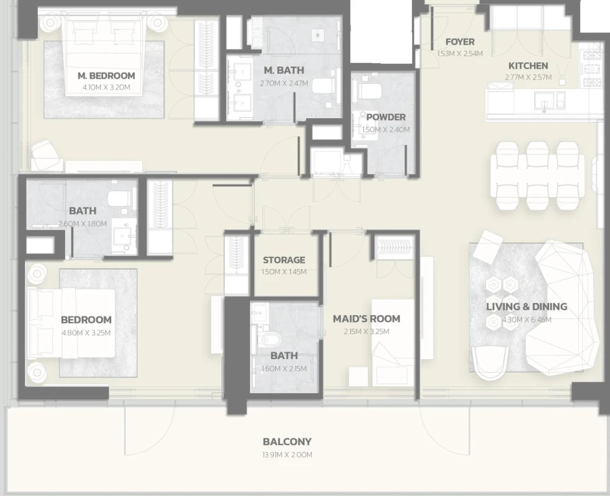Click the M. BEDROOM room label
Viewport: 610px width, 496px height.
(x=106, y=76)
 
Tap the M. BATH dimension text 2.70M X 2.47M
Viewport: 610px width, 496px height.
(x=283, y=83)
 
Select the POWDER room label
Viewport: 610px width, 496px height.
(x=386, y=117)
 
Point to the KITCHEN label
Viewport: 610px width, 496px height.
(x=528, y=66)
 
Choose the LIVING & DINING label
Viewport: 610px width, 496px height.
(x=527, y=306)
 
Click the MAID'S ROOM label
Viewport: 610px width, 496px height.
(x=366, y=318)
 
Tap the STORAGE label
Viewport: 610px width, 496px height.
(x=283, y=260)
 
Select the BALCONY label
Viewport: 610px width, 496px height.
(x=287, y=442)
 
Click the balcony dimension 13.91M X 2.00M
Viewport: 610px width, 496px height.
(x=287, y=455)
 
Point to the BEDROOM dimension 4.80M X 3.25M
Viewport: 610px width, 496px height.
(x=86, y=333)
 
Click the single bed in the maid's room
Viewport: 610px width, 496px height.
(x=392, y=342)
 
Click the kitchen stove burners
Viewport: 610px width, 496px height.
(x=592, y=68)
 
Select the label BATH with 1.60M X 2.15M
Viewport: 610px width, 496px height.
(x=283, y=356)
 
